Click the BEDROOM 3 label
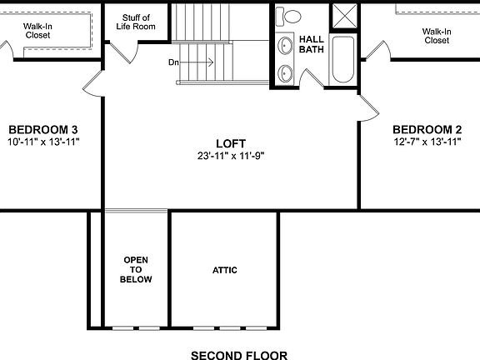pyautogui.click(x=42, y=129)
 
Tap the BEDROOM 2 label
pyautogui.click(x=427, y=129)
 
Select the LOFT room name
pyautogui.click(x=231, y=143)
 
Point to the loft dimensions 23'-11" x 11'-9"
pyautogui.click(x=231, y=156)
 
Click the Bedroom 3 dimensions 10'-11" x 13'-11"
pyautogui.click(x=42, y=142)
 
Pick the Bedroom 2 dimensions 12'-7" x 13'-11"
pyautogui.click(x=427, y=142)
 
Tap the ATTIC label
pyautogui.click(x=225, y=270)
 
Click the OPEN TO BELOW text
pyautogui.click(x=137, y=270)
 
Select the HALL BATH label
pyautogui.click(x=311, y=44)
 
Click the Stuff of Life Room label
pyautogui.click(x=136, y=22)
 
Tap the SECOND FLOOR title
pyautogui.click(x=239, y=355)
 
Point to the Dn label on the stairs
pyautogui.click(x=173, y=62)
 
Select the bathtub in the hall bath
pyautogui.click(x=343, y=59)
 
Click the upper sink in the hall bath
pyautogui.click(x=285, y=45)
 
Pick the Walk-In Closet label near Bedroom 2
pyautogui.click(x=436, y=36)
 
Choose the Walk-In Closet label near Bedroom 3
pyautogui.click(x=39, y=31)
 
